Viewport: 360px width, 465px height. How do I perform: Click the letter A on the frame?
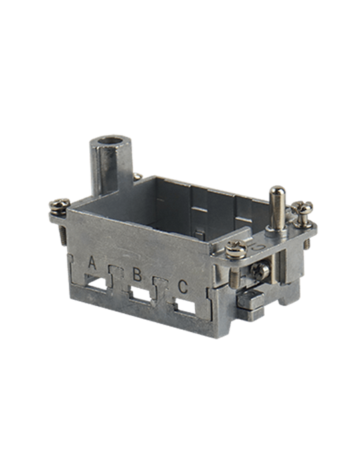92,263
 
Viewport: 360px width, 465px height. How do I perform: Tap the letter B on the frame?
137,274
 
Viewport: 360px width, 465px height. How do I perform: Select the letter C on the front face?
183,286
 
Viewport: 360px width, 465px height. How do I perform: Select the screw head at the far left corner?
59,205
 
